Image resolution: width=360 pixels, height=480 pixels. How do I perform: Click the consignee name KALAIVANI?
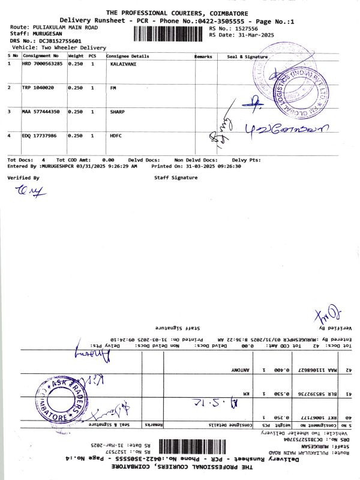123,63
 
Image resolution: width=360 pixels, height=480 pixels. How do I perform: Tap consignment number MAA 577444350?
41,112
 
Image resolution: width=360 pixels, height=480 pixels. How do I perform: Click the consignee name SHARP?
117,112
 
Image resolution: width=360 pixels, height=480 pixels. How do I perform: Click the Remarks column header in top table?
203,56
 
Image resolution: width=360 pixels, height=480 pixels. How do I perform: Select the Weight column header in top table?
76,56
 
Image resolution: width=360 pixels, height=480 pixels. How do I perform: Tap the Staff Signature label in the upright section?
176,178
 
